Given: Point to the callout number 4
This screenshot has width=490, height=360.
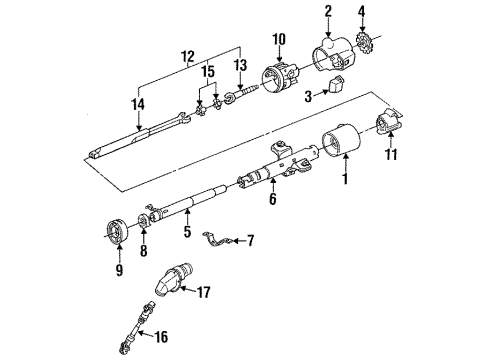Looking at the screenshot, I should (362, 13).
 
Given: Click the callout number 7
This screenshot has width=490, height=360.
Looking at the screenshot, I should (251, 241).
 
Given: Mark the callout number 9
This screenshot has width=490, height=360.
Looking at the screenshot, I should (119, 268).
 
